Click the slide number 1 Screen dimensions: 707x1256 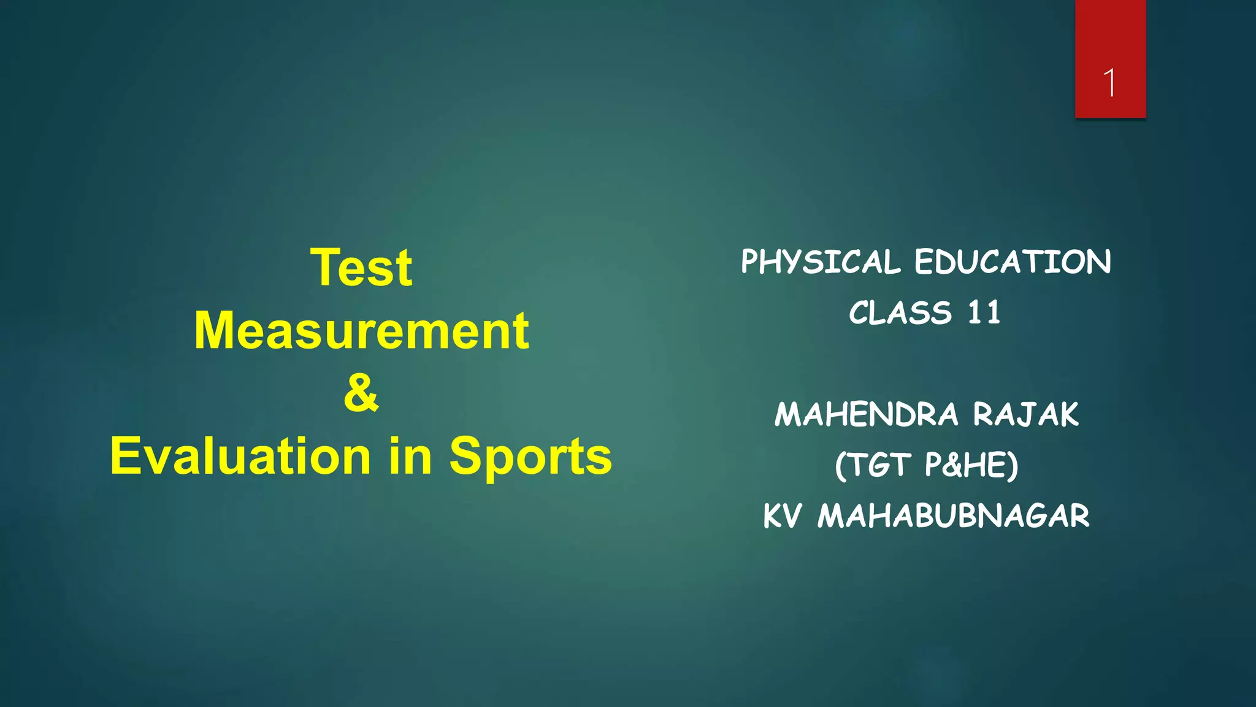coord(1109,83)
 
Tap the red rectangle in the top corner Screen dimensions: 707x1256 coord(1110,37)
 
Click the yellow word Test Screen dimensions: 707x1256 coord(361,268)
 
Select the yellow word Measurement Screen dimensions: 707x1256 coord(361,331)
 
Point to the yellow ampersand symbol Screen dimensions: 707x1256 coord(361,393)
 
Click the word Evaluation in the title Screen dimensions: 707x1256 coord(240,456)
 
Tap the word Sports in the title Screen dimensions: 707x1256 coord(530,457)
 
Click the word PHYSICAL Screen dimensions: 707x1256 coord(821,263)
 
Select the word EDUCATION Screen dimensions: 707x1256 coord(1013,262)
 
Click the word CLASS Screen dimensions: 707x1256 coord(900,313)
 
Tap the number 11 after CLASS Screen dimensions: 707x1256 coord(984,313)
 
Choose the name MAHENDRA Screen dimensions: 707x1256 coord(866,414)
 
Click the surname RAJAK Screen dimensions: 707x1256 coord(1025,414)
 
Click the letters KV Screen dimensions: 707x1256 coord(782,516)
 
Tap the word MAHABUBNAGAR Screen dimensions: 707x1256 coord(954,516)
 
